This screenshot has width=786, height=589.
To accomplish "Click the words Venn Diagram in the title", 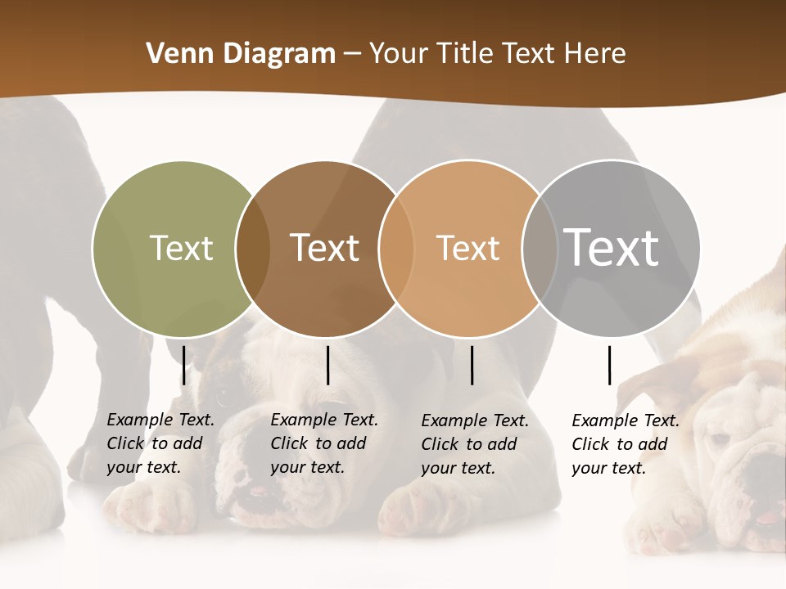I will point(241,54).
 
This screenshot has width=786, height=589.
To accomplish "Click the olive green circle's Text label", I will point(181,248).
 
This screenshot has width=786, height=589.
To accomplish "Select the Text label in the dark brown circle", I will point(325,248).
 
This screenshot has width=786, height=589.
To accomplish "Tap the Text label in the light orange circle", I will point(468,248).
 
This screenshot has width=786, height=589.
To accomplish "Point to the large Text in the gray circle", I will point(611,247).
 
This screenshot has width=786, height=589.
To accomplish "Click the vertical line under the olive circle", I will point(184,365).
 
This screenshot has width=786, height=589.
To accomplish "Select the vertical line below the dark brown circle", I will point(328,365).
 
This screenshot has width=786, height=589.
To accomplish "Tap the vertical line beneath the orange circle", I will point(472,365).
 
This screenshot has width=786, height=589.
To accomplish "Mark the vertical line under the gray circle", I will point(610,365).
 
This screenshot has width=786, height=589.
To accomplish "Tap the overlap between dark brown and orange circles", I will point(395,248).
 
